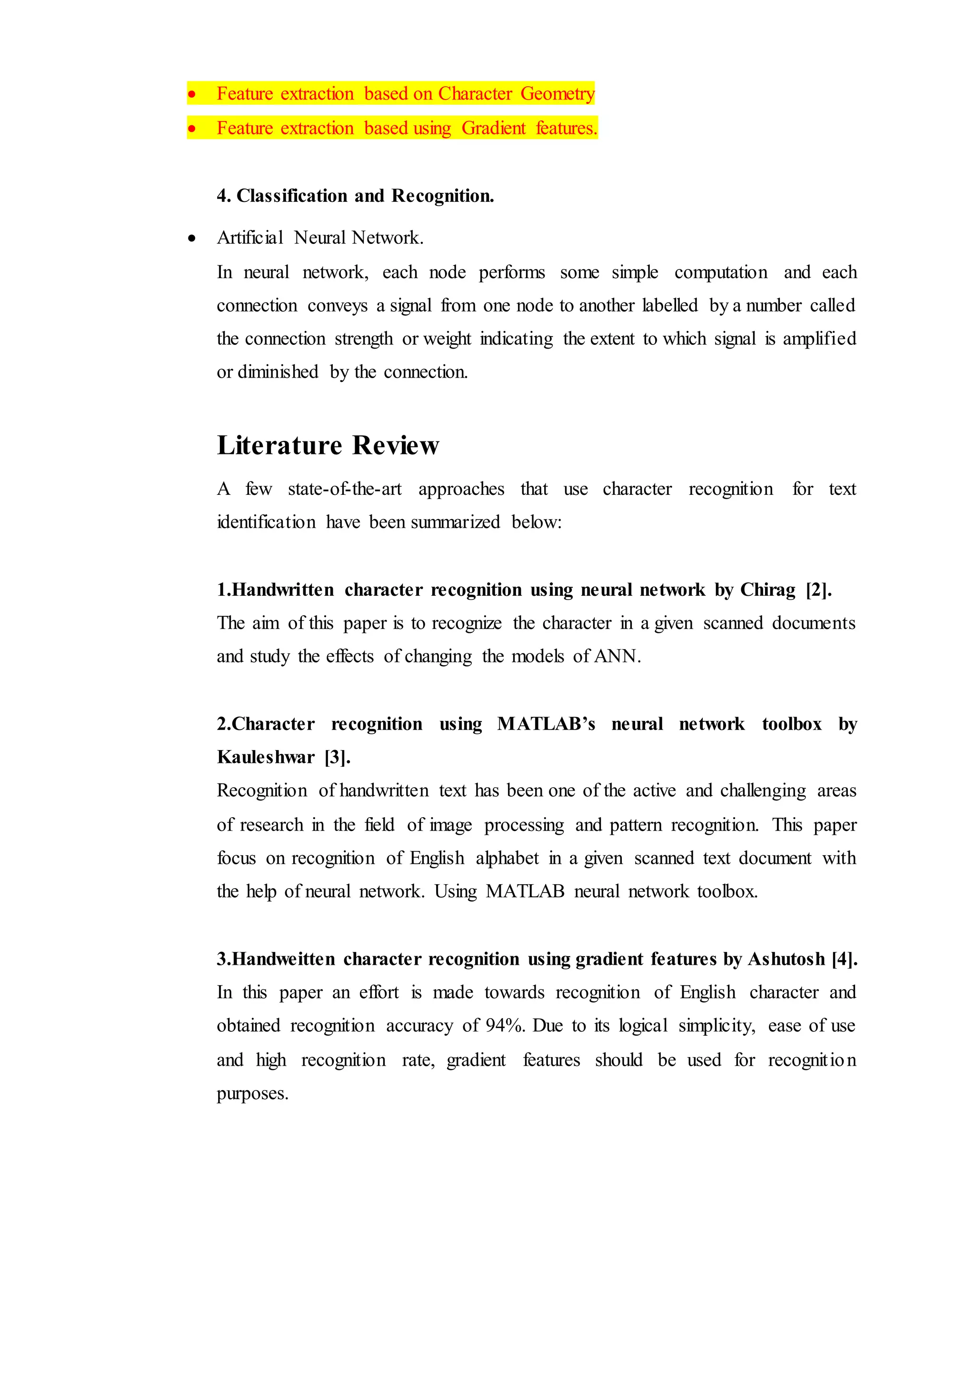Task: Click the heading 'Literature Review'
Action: (x=328, y=446)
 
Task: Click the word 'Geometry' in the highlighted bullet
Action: (x=557, y=94)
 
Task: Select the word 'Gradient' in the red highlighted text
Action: (x=493, y=128)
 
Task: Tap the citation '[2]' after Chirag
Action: (x=818, y=590)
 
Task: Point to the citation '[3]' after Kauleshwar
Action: (x=337, y=757)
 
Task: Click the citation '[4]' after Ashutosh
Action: (x=844, y=959)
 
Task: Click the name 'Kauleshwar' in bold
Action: (x=265, y=757)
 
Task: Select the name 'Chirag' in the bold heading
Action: (x=767, y=590)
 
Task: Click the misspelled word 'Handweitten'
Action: (x=283, y=959)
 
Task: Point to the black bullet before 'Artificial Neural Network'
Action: (x=192, y=239)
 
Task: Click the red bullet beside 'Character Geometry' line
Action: (x=192, y=94)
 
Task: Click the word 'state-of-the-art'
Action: (x=345, y=489)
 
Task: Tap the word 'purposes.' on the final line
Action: (x=253, y=1093)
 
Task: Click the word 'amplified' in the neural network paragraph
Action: (x=819, y=339)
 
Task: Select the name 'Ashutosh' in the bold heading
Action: (x=786, y=959)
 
